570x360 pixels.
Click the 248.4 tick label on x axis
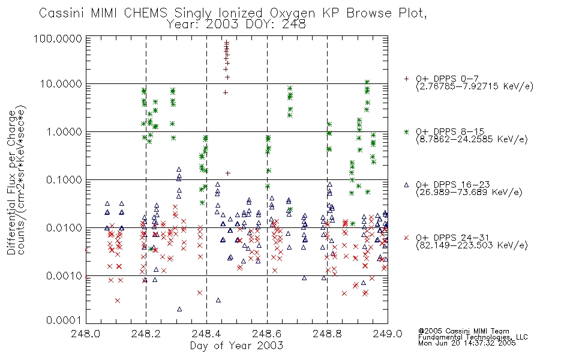(206, 334)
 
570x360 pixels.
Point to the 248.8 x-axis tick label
(327, 334)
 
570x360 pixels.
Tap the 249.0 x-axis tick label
(388, 334)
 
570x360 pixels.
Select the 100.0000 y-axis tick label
(58, 38)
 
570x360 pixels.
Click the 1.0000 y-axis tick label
(64, 132)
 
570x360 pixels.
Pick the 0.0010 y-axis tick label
(64, 276)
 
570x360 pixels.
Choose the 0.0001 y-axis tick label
(64, 320)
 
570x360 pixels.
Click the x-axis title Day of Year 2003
(236, 346)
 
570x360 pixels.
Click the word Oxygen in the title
(292, 13)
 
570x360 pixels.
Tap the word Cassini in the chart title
(62, 13)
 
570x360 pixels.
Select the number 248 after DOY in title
(294, 25)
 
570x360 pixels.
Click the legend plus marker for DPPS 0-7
(406, 79)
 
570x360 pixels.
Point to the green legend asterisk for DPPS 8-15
(406, 131)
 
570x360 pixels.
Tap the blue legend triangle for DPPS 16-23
(406, 185)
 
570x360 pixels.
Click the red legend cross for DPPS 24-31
(406, 238)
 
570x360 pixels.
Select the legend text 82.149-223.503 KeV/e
(472, 245)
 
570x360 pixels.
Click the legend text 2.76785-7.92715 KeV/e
(475, 86)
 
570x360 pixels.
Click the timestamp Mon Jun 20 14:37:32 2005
(467, 343)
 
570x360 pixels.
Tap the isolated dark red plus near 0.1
(228, 173)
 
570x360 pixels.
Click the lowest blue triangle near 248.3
(179, 309)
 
